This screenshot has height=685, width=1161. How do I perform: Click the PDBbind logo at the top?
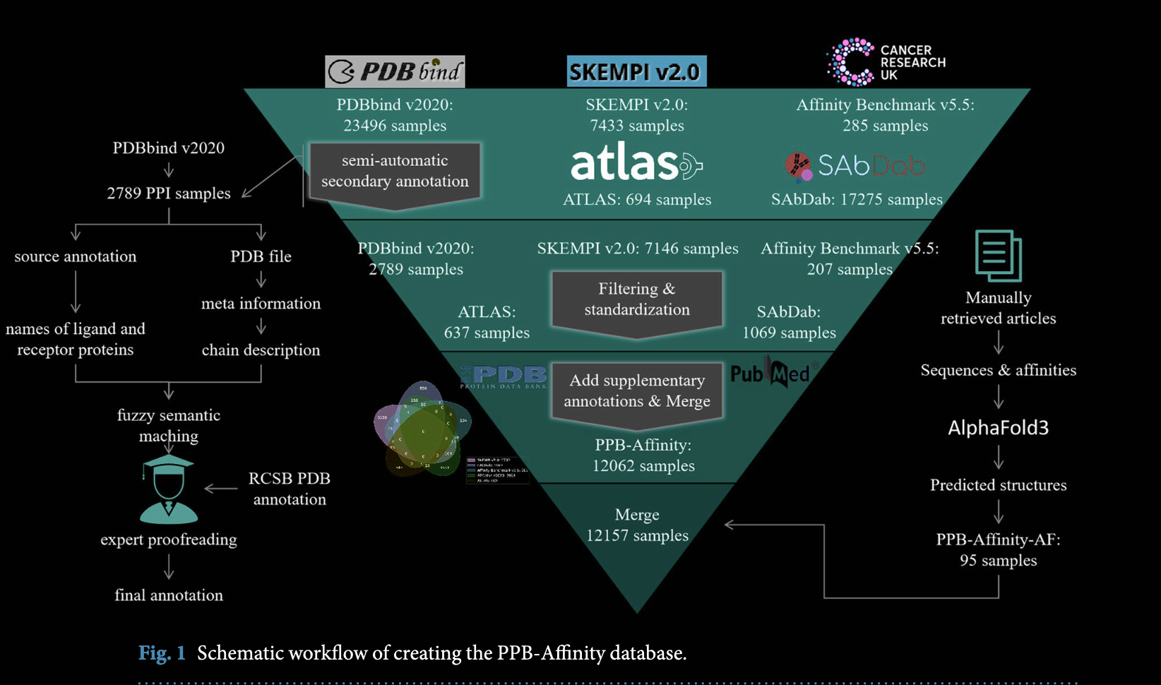[395, 71]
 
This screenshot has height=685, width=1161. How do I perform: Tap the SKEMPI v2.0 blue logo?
[636, 71]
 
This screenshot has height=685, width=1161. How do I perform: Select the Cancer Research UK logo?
[886, 62]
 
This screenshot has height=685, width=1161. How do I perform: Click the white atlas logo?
[636, 163]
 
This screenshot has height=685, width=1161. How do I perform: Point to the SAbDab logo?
[855, 166]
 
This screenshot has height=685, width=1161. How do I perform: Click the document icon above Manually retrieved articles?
[998, 256]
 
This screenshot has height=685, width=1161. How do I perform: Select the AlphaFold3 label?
[998, 427]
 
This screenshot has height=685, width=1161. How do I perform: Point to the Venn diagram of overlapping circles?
[422, 429]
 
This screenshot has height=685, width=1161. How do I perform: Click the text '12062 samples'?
[643, 466]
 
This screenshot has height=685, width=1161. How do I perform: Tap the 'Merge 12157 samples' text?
[637, 525]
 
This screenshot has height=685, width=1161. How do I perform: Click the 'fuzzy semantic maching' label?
[169, 425]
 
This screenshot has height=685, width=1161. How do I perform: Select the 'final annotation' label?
[169, 595]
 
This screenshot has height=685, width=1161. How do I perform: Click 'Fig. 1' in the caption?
[162, 653]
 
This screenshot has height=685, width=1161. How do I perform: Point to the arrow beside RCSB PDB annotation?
[221, 488]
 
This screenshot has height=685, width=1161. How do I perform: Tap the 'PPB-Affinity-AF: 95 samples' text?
[998, 550]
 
